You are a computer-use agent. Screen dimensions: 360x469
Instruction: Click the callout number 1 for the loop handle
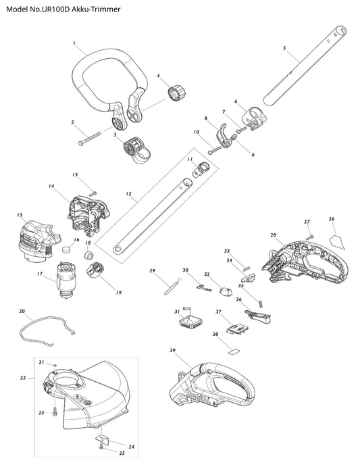point(74,43)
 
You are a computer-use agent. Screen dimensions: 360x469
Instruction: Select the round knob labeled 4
point(177,92)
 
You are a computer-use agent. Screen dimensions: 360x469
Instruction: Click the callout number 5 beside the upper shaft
point(284,48)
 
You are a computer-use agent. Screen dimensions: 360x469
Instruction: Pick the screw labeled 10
point(215,149)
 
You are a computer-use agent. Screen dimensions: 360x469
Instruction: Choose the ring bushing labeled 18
point(88,255)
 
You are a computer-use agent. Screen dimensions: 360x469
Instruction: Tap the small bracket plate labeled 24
point(103,439)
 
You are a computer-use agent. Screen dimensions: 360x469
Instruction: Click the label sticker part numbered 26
point(336,241)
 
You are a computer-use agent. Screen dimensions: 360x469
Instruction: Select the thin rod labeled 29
point(172,287)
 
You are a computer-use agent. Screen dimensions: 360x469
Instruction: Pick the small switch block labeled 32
point(227,291)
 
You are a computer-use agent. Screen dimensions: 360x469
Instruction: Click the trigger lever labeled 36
point(258,317)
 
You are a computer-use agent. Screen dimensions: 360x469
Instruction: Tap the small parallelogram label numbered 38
point(234,351)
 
